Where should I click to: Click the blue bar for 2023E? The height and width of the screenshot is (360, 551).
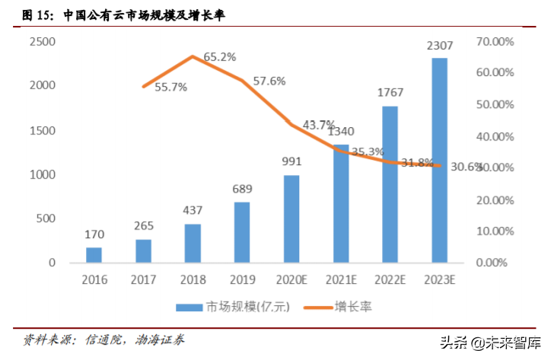439,160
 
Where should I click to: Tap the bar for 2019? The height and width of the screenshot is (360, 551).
242,232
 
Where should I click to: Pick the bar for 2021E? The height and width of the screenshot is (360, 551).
340,203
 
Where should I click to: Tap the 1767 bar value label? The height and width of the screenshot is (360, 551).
390,93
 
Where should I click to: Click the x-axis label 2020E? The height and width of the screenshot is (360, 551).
291,279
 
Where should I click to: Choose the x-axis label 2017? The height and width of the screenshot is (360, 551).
143,279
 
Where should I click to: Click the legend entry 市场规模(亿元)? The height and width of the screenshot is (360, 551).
233,307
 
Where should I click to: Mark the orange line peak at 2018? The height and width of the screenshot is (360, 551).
193,56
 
